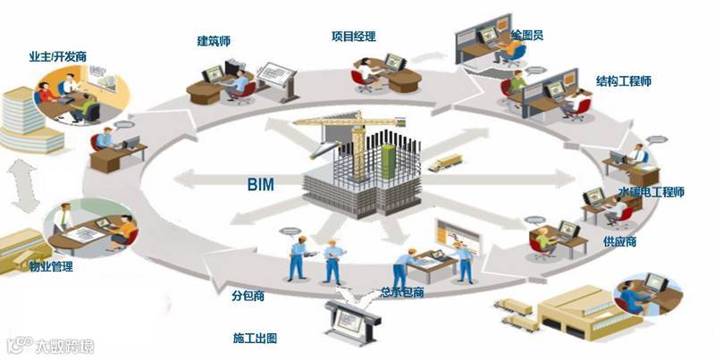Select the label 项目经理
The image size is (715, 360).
[353, 37]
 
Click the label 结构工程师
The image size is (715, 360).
[623, 81]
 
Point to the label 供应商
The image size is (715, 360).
[596, 242]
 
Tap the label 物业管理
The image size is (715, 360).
[51, 266]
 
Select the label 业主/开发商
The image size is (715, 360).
[55, 57]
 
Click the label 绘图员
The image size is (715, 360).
[527, 35]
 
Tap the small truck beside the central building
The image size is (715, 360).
[445, 163]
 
